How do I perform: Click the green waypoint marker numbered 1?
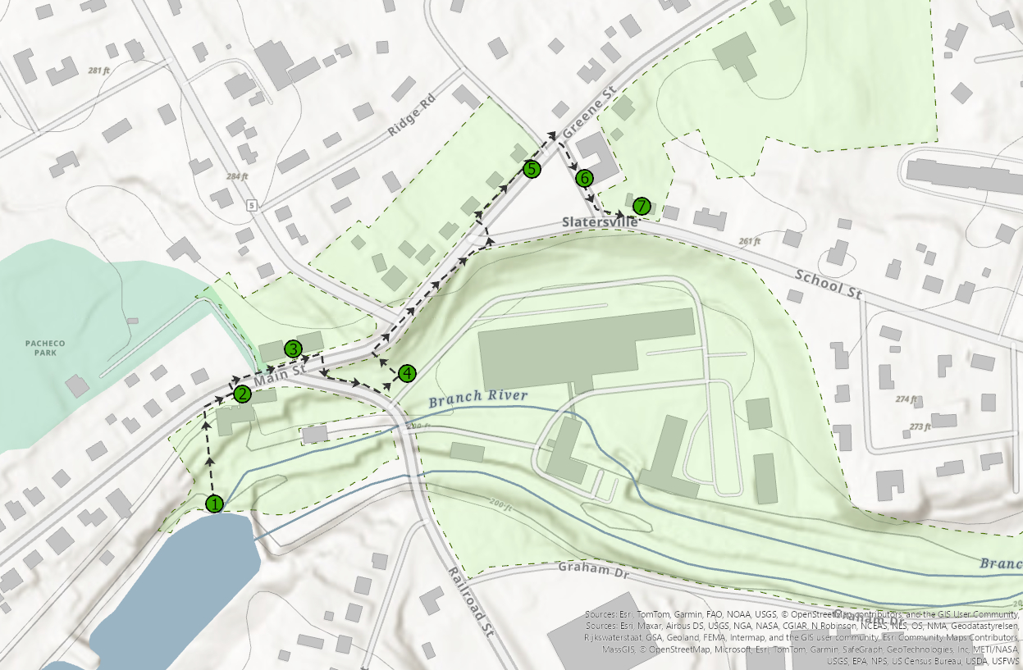pyautogui.click(x=214, y=503)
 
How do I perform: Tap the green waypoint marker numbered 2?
pyautogui.click(x=241, y=394)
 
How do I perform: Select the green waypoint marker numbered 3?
pyautogui.click(x=293, y=349)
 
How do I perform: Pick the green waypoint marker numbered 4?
pyautogui.click(x=407, y=374)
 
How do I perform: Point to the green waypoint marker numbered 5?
pyautogui.click(x=532, y=170)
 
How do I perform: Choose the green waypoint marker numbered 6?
pyautogui.click(x=584, y=177)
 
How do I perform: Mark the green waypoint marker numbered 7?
pyautogui.click(x=641, y=205)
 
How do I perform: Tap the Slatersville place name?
pyautogui.click(x=600, y=222)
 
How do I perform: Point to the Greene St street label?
pyautogui.click(x=588, y=115)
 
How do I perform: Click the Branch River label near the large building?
pyautogui.click(x=477, y=398)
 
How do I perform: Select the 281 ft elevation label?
pyautogui.click(x=98, y=71)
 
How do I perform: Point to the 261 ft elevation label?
pyautogui.click(x=750, y=242)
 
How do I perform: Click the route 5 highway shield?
pyautogui.click(x=251, y=203)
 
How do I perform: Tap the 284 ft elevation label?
pyautogui.click(x=236, y=176)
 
